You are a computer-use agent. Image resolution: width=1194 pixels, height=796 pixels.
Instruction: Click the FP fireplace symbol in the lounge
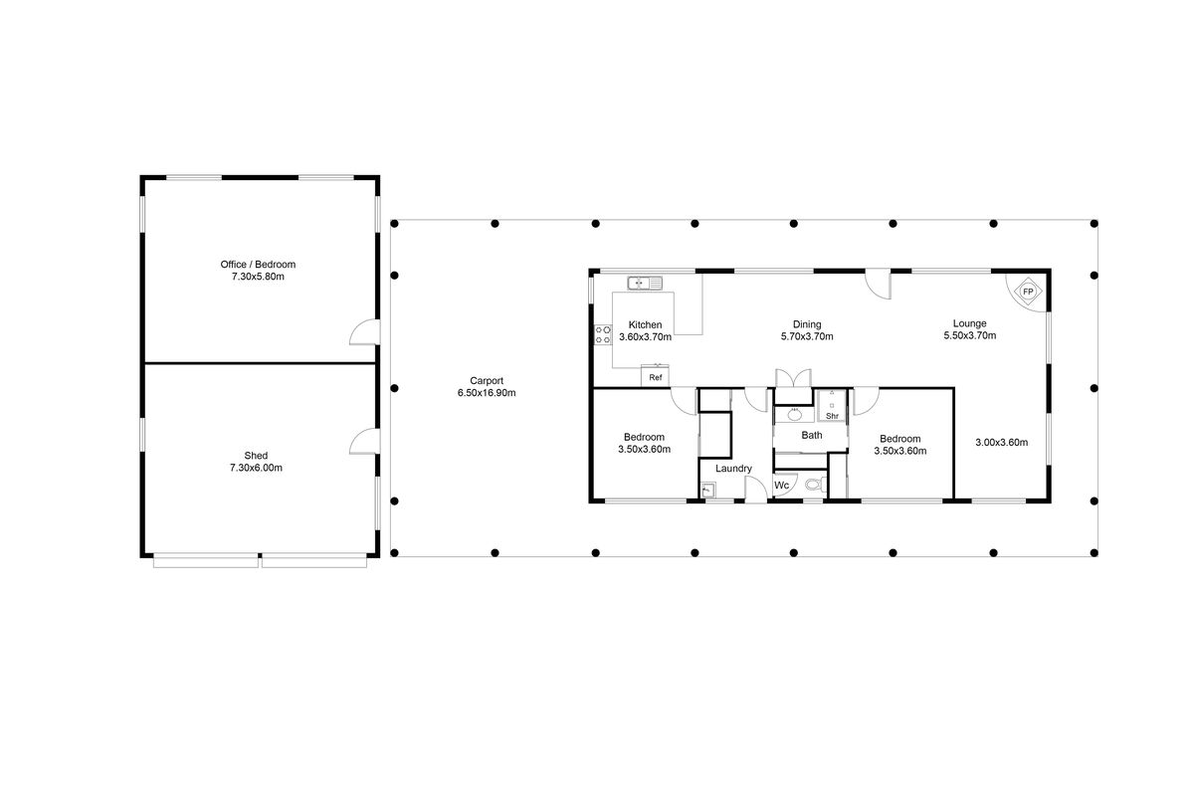click(1028, 292)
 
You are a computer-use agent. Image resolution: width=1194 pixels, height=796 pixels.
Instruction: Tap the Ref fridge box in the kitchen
click(655, 377)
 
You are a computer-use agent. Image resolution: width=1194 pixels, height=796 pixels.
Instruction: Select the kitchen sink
click(645, 284)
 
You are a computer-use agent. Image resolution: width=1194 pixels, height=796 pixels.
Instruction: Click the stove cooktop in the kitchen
click(602, 335)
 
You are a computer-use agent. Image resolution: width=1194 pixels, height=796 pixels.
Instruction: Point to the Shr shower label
click(832, 416)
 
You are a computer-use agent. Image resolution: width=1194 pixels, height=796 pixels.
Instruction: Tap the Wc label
click(782, 486)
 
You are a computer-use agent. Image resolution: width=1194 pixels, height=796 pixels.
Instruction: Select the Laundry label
click(732, 469)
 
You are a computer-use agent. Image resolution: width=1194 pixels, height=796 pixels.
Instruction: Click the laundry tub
click(707, 490)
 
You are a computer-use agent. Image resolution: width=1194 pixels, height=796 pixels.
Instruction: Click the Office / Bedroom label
click(258, 264)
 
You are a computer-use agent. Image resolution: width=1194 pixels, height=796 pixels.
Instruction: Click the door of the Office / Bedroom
click(363, 333)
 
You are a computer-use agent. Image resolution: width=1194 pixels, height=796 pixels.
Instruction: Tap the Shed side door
click(363, 443)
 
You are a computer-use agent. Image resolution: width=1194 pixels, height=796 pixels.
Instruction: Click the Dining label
click(806, 323)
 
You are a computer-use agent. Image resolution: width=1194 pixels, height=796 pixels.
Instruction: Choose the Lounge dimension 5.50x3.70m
click(969, 336)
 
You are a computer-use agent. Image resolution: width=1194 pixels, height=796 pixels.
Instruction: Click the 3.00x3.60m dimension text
click(1000, 443)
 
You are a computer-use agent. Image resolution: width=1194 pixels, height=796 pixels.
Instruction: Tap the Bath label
click(812, 435)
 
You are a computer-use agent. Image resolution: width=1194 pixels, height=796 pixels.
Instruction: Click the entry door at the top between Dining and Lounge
click(878, 285)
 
